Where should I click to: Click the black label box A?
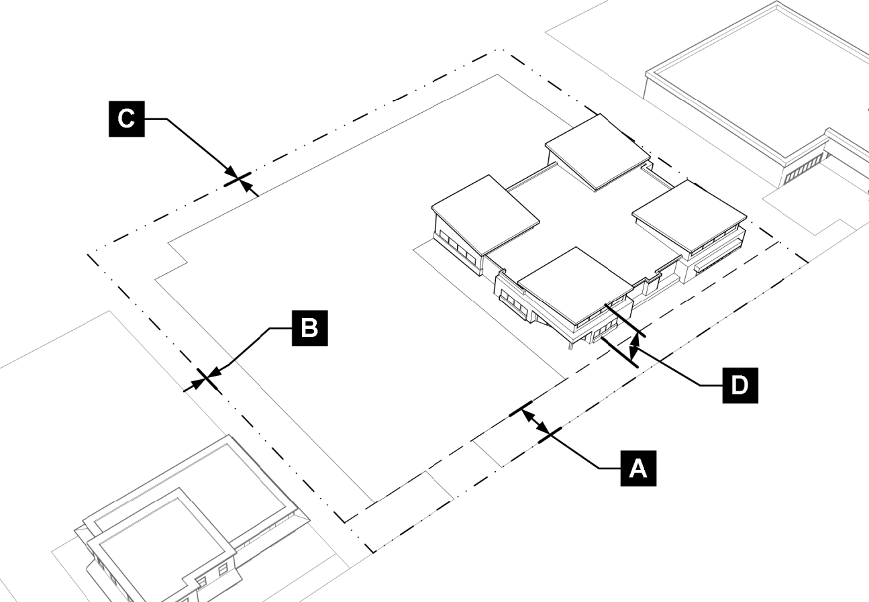click(638, 467)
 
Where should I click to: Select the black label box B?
click(309, 328)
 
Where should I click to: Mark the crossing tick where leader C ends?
click(237, 179)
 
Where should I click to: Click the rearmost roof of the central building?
click(595, 152)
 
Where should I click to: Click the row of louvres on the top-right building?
click(803, 168)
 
